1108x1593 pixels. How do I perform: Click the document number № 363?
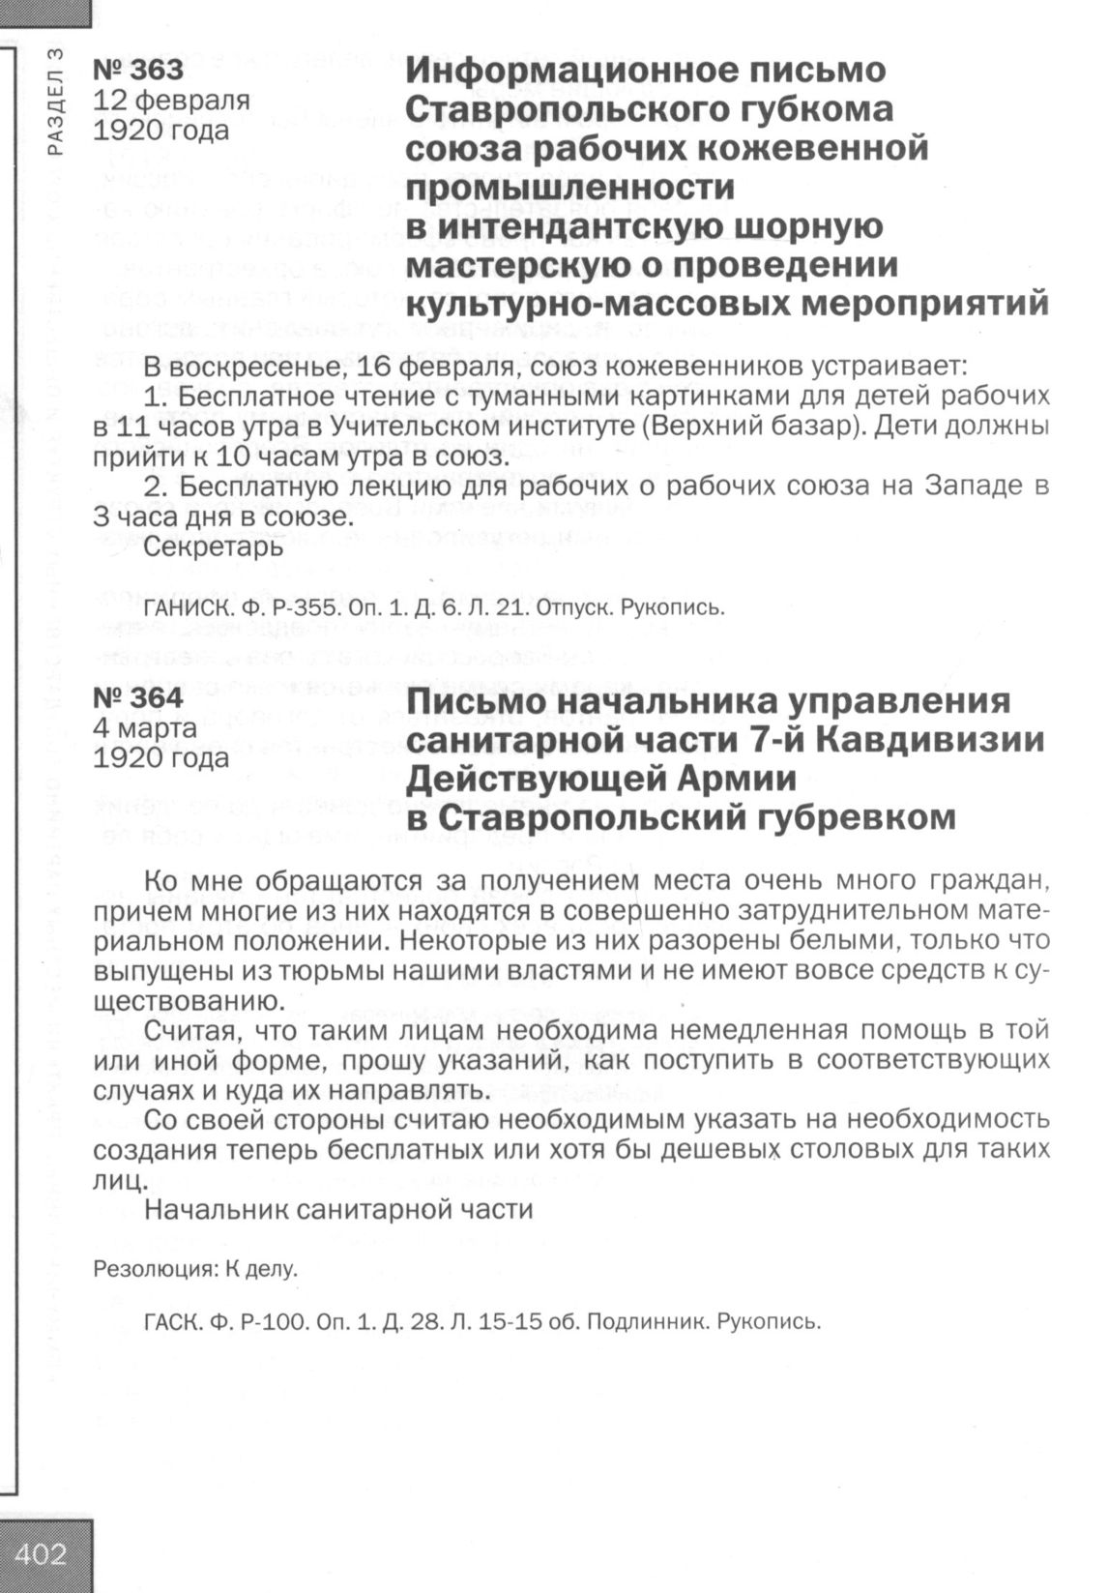(x=137, y=70)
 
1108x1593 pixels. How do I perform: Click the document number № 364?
(x=137, y=698)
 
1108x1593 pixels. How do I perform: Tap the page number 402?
(x=42, y=1553)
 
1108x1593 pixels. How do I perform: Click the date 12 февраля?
(x=171, y=100)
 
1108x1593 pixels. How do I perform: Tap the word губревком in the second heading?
(x=852, y=818)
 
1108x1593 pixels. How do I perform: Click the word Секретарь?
(x=214, y=546)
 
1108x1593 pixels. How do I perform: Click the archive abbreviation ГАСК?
(x=168, y=1322)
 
